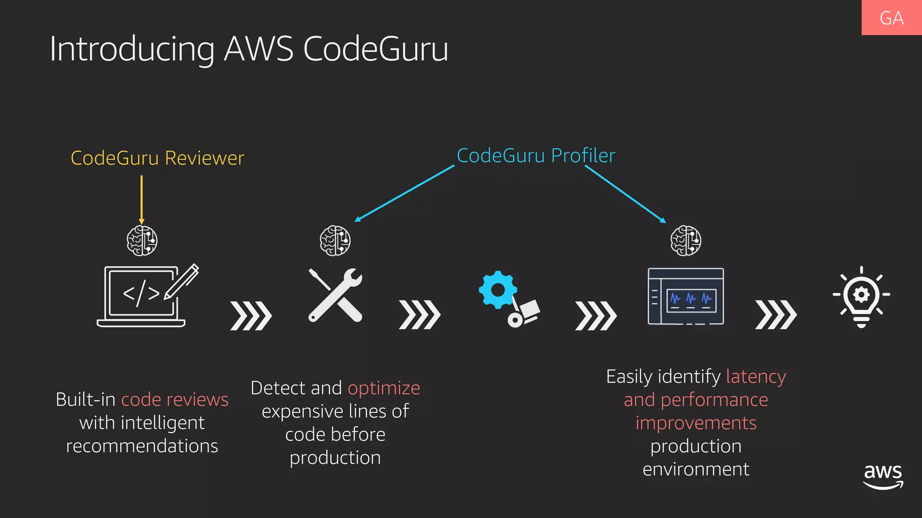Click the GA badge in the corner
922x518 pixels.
point(891,18)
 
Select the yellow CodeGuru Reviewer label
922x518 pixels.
point(157,158)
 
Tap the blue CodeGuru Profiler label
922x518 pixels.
point(536,156)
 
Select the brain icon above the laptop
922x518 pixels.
point(142,241)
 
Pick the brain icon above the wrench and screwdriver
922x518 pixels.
point(335,241)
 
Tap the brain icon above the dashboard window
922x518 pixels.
point(686,241)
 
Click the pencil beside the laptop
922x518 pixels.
point(182,281)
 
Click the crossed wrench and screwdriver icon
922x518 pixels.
point(335,295)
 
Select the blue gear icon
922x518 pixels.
point(497,290)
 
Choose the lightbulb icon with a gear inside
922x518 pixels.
point(861,297)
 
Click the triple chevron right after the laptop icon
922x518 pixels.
point(251,316)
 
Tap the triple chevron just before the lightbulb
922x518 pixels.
point(776,315)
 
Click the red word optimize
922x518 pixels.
point(384,388)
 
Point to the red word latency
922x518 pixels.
point(756,376)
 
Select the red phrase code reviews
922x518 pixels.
point(175,400)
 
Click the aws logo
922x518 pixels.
point(883,477)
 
